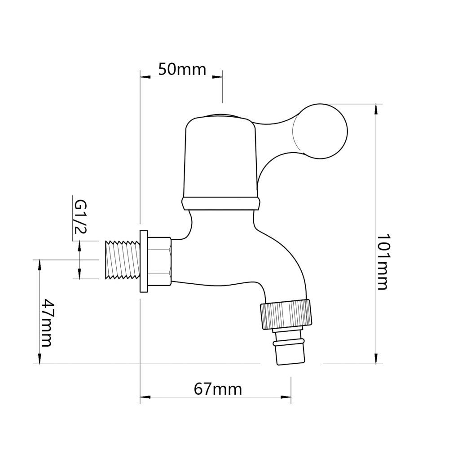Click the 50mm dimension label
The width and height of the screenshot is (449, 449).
point(182,69)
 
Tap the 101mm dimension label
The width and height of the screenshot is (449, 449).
point(383,262)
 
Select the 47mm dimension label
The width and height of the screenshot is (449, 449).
point(47,323)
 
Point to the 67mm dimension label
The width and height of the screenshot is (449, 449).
point(218,389)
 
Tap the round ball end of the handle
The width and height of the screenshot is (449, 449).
point(320,131)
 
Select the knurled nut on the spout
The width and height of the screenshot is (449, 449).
point(286,314)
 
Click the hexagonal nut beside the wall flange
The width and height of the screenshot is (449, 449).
point(159,261)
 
